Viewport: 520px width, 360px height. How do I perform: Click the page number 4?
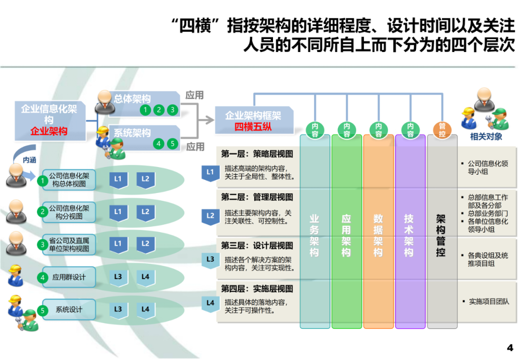pos(510,347)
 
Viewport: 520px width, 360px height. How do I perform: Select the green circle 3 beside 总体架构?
pos(172,110)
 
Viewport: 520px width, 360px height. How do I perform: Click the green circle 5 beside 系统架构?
pos(172,143)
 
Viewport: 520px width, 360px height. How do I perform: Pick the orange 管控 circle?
pos(442,130)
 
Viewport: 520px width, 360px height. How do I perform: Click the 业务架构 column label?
pos(314,236)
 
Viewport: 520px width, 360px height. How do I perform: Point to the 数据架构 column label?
pos(378,236)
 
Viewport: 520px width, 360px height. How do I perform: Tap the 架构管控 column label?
pos(441,236)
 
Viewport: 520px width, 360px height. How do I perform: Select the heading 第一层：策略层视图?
pos(257,154)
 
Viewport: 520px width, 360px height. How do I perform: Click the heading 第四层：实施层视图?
pos(257,289)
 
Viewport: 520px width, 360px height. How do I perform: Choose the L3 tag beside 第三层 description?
pos(210,259)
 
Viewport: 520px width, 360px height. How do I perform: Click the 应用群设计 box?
pos(69,277)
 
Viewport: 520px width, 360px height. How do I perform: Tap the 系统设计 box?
pos(69,310)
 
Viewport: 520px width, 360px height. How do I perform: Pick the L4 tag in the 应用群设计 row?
pos(145,277)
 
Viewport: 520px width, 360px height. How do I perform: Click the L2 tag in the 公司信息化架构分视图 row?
pos(145,212)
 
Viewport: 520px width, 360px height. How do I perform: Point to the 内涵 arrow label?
pos(29,160)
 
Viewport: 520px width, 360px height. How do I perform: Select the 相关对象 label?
pos(486,137)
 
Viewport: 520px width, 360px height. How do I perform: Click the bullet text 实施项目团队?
pos(489,302)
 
